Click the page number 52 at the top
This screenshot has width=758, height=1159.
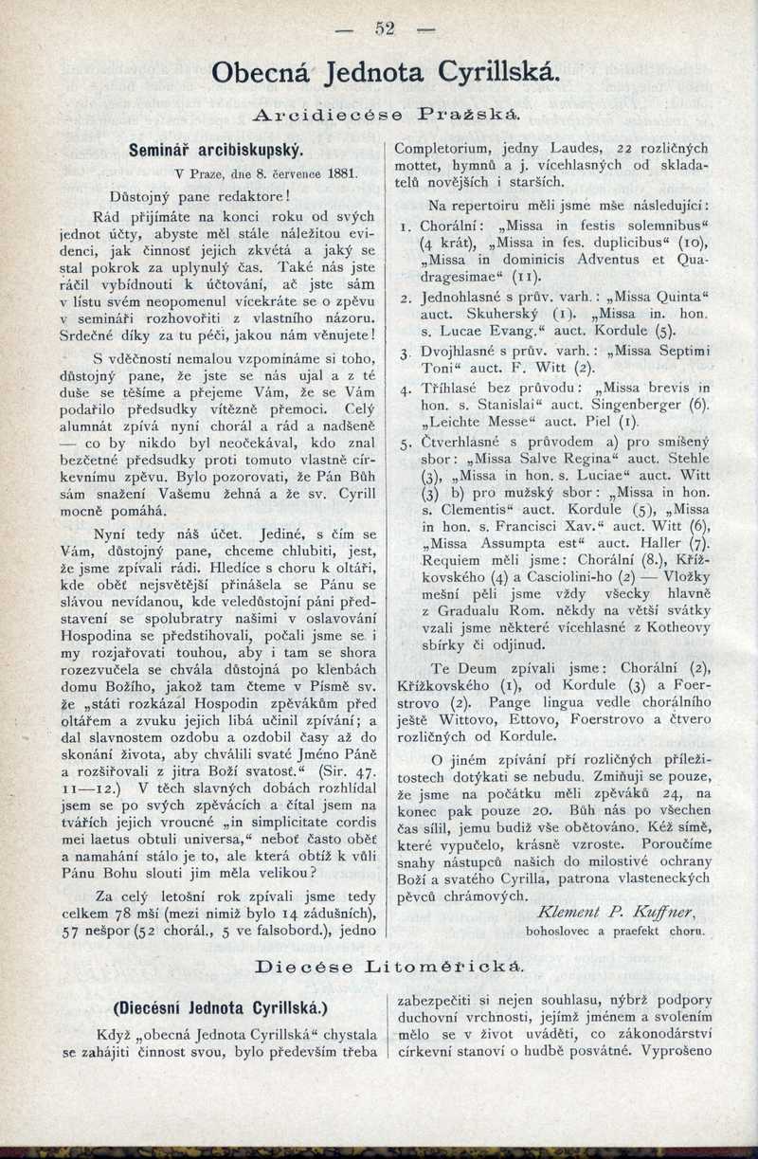383,28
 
